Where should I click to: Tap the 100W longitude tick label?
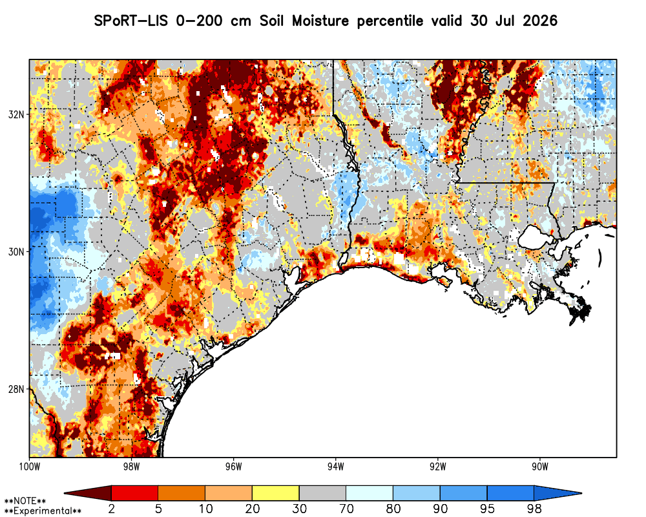(x=29, y=467)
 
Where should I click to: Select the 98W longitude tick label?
(x=131, y=467)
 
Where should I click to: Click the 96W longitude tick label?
(x=234, y=467)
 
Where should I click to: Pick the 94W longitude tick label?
(x=336, y=467)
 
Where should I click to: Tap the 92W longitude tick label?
(x=438, y=467)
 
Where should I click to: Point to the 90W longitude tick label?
(x=540, y=467)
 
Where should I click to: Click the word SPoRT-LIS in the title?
(x=130, y=21)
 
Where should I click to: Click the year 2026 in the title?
(x=540, y=21)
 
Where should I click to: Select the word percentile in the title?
(x=390, y=21)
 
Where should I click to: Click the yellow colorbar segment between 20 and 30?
(x=276, y=493)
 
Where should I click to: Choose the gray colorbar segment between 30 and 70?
(x=322, y=493)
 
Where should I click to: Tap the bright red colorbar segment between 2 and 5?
(x=135, y=493)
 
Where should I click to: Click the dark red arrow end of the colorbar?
(x=88, y=493)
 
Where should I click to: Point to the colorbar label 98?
(x=534, y=509)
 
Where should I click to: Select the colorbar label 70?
(x=346, y=509)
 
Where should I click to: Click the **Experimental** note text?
(x=43, y=511)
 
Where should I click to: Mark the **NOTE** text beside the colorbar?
(x=25, y=501)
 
